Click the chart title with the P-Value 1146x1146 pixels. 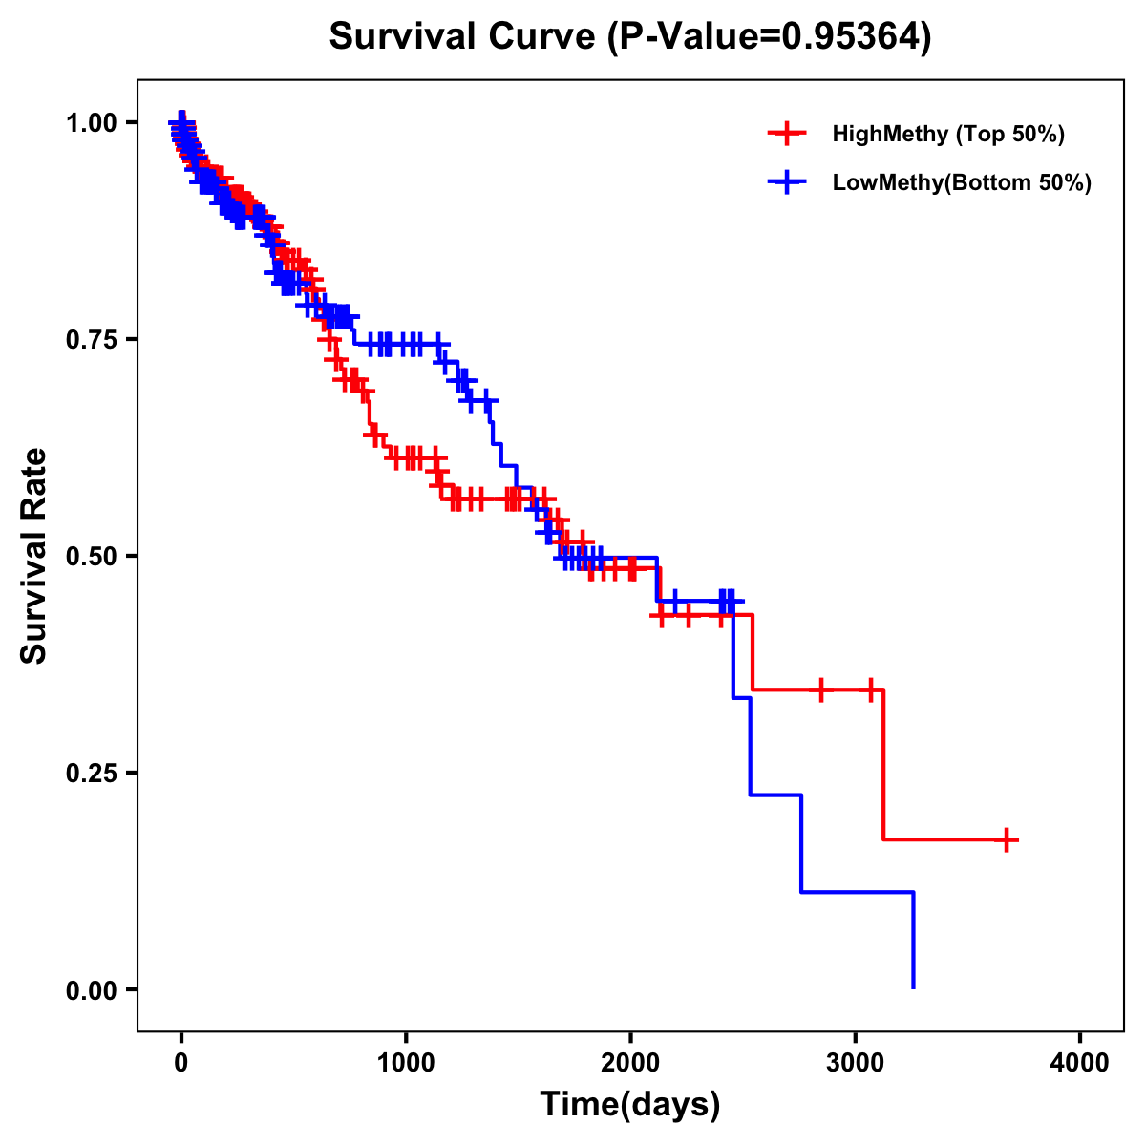(629, 36)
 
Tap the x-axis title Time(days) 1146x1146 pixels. (629, 1104)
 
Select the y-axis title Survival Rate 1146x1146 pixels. (34, 556)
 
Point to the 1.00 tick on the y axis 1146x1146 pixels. (91, 123)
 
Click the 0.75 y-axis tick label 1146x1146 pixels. (91, 340)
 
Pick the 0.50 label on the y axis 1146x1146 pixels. (91, 557)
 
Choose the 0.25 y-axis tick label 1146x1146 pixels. (91, 774)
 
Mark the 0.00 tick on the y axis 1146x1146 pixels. (91, 990)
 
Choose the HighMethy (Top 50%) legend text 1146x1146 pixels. (947, 134)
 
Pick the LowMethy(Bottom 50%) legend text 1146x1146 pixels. (961, 182)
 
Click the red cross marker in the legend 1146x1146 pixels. (786, 134)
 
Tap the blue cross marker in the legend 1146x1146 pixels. (786, 182)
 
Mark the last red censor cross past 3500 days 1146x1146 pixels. (1007, 840)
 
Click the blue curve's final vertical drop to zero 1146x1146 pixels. (914, 941)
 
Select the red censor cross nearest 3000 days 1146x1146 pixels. (871, 690)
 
